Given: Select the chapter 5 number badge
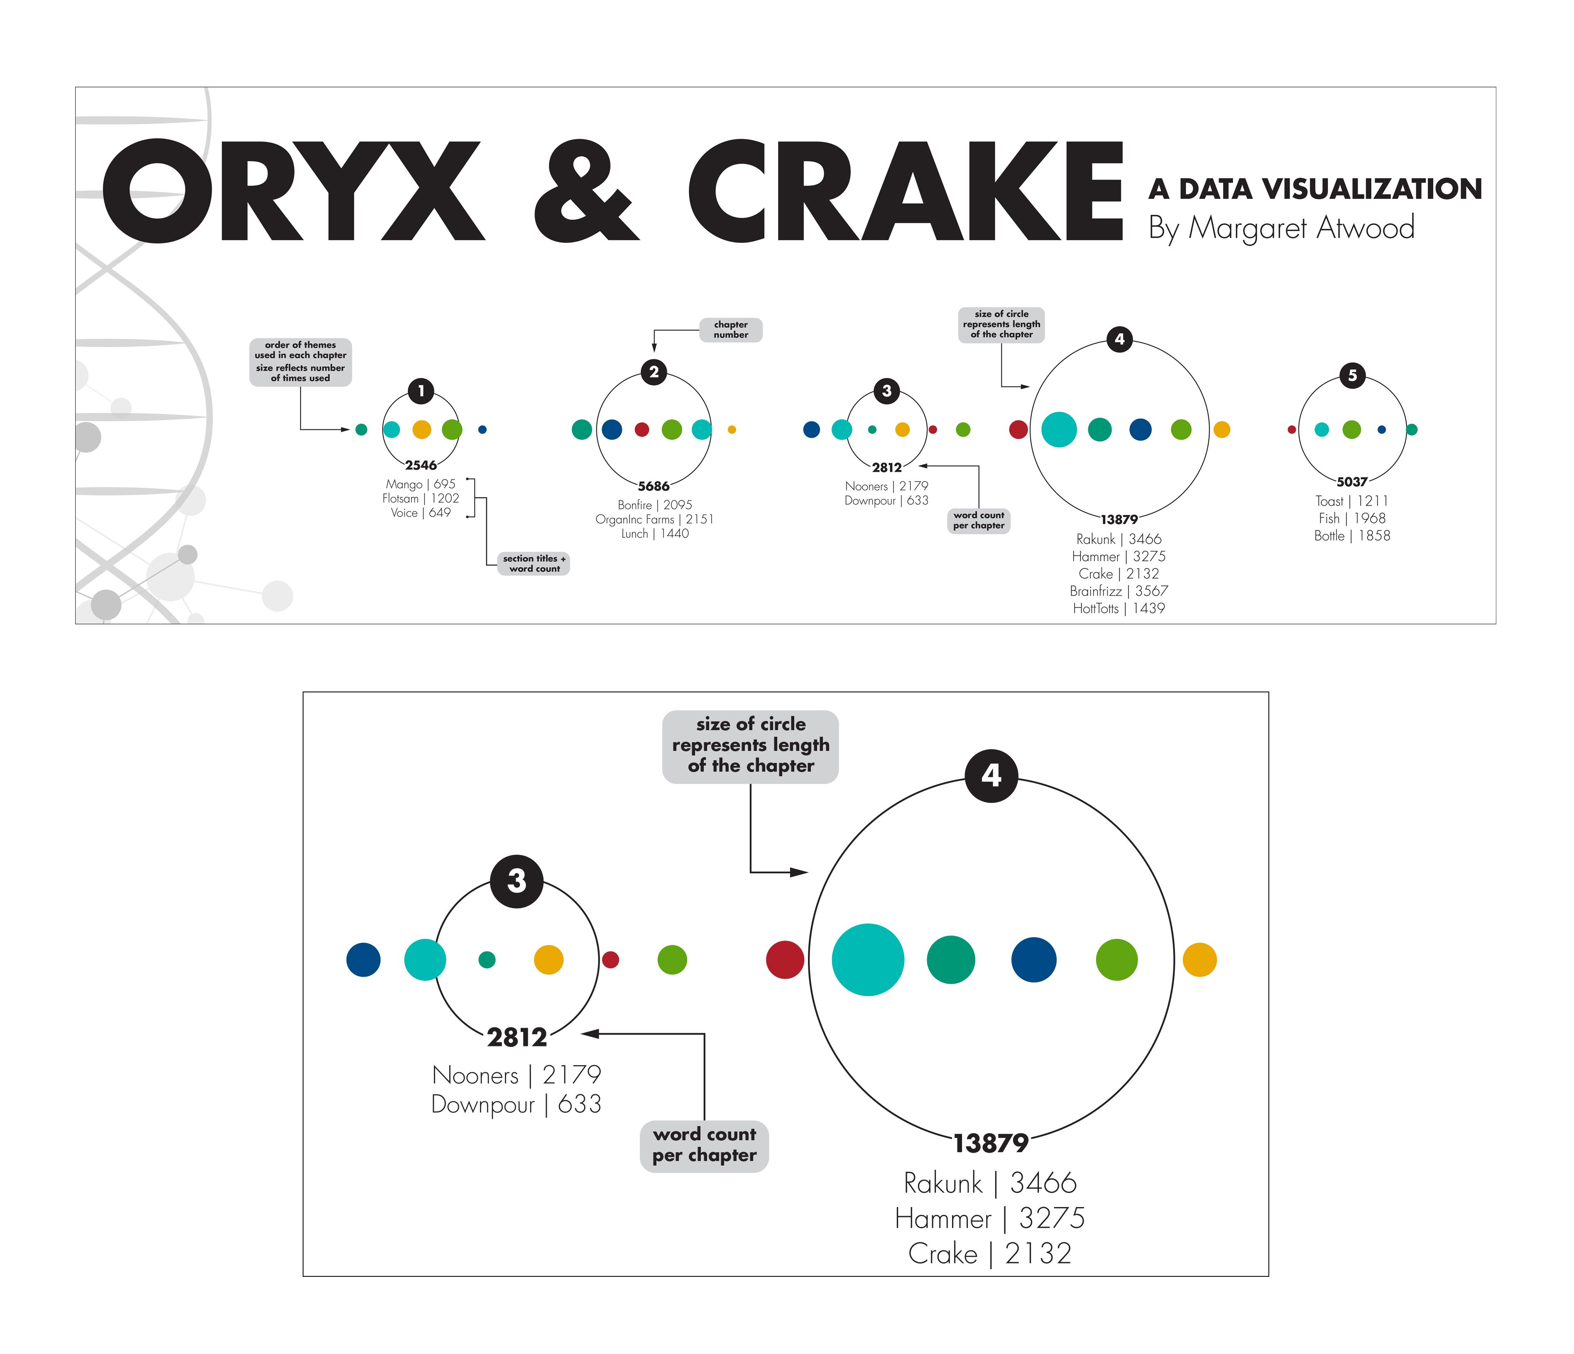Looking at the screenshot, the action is (1352, 375).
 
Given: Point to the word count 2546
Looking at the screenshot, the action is (421, 465).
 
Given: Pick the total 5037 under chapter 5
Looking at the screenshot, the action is (1352, 481).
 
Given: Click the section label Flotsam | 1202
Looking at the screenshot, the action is (421, 498).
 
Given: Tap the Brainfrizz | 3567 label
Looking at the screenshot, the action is (1119, 591).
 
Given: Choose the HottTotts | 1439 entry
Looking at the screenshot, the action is (1119, 608).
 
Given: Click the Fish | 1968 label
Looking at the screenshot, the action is (1352, 518).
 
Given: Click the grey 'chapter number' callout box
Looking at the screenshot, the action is (731, 330).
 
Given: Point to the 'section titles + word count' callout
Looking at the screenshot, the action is (534, 563).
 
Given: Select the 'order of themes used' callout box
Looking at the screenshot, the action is (301, 362).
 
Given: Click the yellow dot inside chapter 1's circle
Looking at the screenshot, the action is (421, 430).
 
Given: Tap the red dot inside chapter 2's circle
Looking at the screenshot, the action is (642, 430).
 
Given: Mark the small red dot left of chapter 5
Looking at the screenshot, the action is (1291, 430).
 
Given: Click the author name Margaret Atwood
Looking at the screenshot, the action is (1301, 228).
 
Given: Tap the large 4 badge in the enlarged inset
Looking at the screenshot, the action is (991, 775).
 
